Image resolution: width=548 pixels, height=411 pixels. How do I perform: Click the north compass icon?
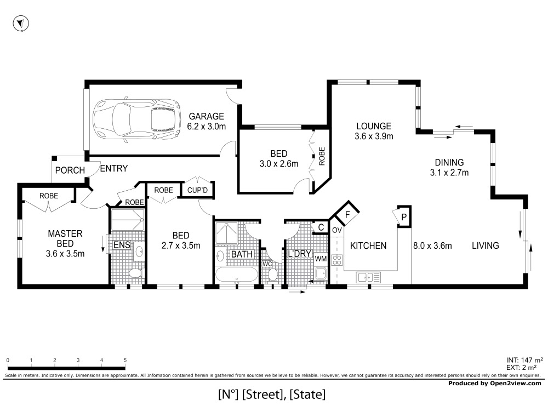[21, 24]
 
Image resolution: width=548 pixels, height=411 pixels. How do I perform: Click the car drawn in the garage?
[136, 119]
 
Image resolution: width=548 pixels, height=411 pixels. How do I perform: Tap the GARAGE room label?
[207, 116]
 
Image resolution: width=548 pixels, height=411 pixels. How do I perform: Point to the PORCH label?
[70, 170]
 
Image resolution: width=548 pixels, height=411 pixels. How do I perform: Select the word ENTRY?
[114, 168]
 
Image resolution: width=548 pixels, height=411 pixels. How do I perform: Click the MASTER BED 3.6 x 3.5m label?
[65, 244]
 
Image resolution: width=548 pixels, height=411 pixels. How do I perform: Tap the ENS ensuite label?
[122, 245]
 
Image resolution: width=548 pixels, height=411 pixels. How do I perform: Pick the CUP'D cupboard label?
[197, 190]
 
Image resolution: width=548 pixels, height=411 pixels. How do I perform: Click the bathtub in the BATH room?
[237, 275]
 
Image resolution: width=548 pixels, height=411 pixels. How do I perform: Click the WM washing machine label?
[321, 259]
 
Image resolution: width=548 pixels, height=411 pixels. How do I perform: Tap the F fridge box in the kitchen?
[347, 214]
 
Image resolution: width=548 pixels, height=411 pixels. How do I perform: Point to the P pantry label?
[404, 218]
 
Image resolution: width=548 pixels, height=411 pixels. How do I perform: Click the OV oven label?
[336, 230]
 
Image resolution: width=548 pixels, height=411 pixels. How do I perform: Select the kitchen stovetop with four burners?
[337, 260]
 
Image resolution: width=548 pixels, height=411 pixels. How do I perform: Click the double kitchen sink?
[368, 277]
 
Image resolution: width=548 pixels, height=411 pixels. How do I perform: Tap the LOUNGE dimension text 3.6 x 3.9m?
[374, 136]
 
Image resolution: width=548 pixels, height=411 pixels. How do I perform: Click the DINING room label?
[449, 163]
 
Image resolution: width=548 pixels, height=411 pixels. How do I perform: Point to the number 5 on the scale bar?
[125, 361]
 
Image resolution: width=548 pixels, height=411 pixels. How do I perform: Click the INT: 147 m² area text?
[524, 360]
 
